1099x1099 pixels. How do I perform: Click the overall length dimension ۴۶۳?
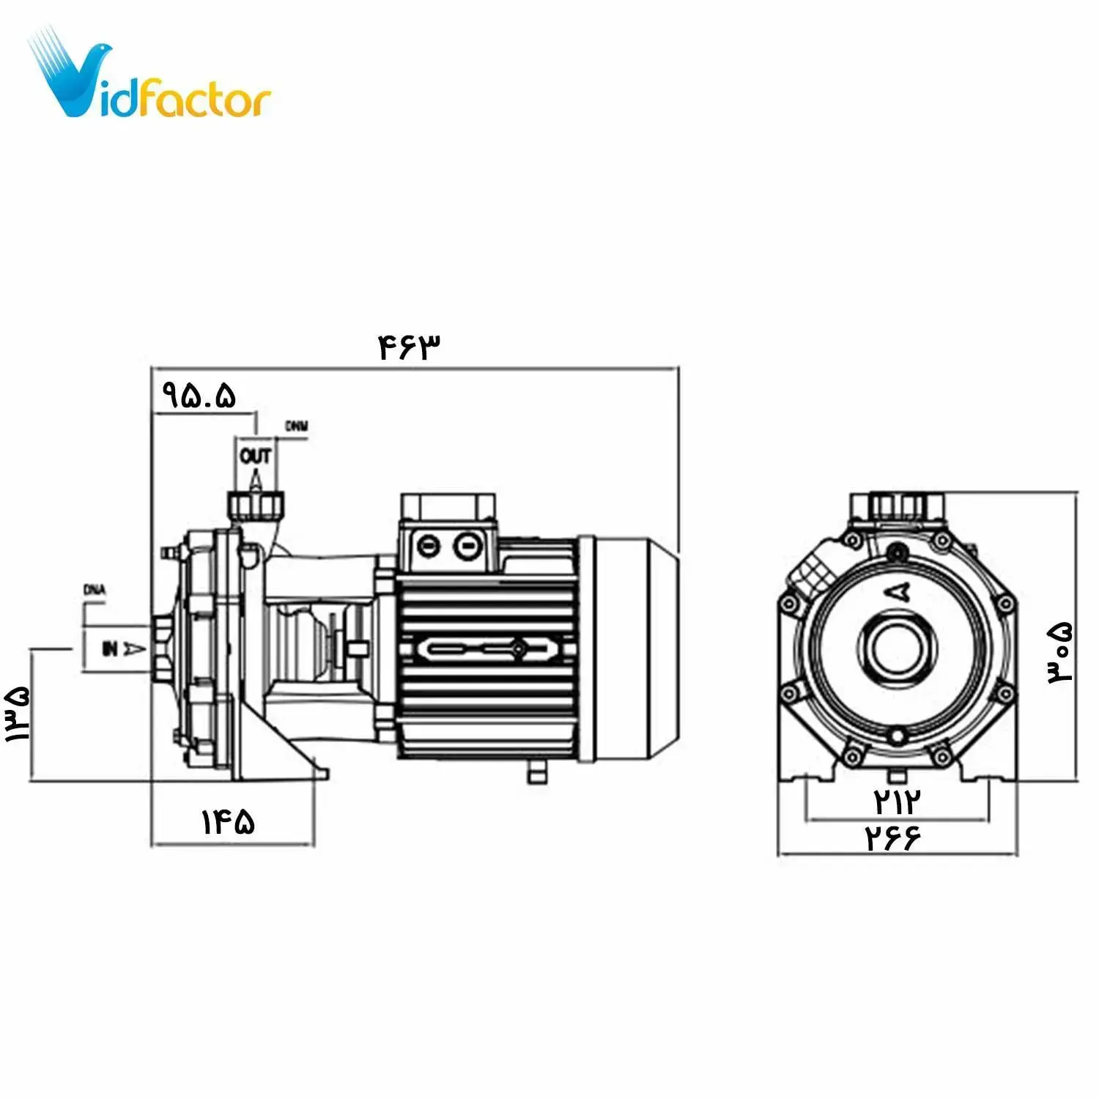click(x=410, y=347)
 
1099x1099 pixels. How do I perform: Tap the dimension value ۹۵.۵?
click(x=199, y=396)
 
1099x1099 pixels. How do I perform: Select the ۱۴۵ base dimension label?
click(x=229, y=822)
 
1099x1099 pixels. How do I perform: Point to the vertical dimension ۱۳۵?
click(x=18, y=714)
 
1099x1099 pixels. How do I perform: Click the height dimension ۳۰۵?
click(x=1060, y=654)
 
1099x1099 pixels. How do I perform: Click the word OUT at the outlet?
click(x=255, y=456)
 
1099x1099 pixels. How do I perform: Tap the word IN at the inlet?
click(x=110, y=648)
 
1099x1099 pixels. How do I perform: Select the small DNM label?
click(x=297, y=426)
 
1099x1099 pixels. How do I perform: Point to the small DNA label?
click(x=95, y=590)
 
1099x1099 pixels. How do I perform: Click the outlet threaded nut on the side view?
click(x=254, y=504)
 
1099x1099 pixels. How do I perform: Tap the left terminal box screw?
click(x=428, y=546)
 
